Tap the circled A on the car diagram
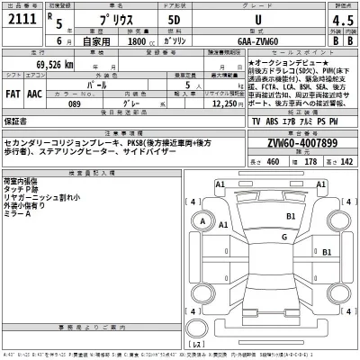203,222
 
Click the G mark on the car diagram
283,237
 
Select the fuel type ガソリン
176,40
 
